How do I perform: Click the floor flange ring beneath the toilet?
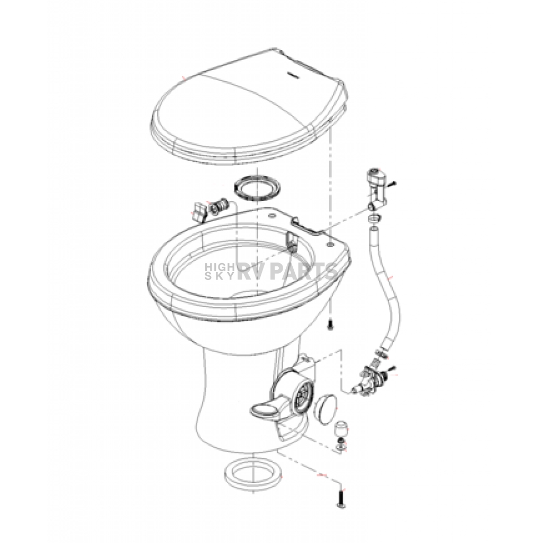point(253,473)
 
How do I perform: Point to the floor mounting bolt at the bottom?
point(341,497)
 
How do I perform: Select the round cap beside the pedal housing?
point(326,411)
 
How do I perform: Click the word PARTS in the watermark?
point(303,270)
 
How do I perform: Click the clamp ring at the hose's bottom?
point(381,353)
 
